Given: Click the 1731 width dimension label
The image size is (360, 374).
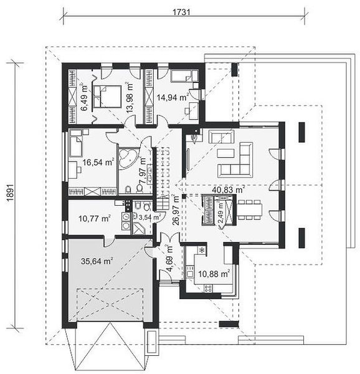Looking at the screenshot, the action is click(181, 12).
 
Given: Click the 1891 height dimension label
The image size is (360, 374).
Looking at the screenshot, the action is click(10, 193).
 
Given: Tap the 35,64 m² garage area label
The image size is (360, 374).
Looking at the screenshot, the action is click(97, 261).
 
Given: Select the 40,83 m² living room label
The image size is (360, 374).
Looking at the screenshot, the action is click(229, 190).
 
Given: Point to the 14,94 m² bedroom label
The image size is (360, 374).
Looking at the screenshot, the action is click(173, 97).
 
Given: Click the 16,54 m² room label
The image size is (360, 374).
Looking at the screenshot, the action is click(98, 162).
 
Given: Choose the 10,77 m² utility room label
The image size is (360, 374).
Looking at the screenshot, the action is click(94, 218).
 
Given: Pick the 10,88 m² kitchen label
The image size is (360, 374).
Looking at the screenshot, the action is click(214, 274).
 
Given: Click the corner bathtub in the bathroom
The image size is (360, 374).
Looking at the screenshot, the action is click(127, 158).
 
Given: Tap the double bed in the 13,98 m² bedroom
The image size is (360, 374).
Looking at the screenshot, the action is click(107, 96).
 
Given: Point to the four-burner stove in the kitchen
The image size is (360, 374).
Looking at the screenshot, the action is click(207, 289).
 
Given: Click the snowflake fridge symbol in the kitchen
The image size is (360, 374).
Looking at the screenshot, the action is click(202, 250).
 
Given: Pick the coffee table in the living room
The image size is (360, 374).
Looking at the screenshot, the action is click(225, 153).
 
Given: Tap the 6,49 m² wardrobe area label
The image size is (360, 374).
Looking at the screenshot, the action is click(84, 97).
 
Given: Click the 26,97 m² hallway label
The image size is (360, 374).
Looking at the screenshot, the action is click(176, 209).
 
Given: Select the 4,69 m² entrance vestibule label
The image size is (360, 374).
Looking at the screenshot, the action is click(169, 258).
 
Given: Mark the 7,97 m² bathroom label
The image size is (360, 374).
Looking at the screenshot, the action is click(143, 170).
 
